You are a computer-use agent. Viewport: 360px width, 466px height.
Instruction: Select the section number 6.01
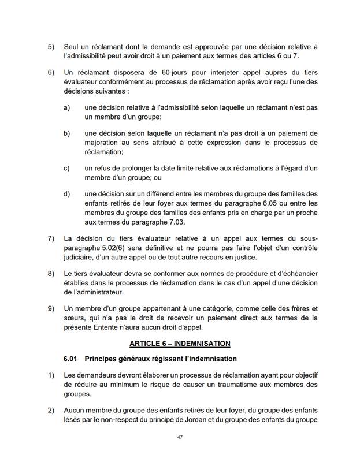71,360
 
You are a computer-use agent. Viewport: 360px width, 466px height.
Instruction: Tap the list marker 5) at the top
51,46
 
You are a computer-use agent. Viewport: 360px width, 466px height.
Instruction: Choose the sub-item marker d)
67,193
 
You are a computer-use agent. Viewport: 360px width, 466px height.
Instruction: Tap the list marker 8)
51,273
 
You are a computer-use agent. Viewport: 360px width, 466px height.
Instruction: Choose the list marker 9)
51,308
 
